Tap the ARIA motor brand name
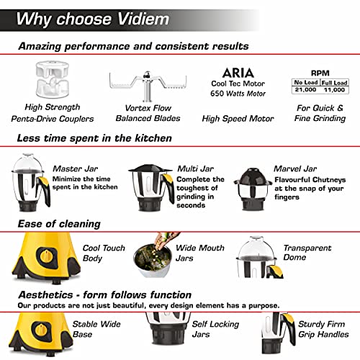tap(238, 73)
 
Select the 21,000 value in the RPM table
tap(305, 90)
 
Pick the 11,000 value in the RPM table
tap(334, 90)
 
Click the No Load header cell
tap(306, 82)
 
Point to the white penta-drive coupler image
tap(53, 79)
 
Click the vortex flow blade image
tap(148, 85)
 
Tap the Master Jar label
tap(75, 168)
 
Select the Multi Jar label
tap(195, 168)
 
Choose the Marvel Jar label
tap(295, 168)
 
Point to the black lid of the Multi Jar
tap(150, 168)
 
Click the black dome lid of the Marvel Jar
tap(253, 176)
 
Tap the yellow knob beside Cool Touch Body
tap(46, 256)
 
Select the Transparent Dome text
tap(307, 253)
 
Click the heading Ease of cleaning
tap(59, 224)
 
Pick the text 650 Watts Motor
tap(238, 94)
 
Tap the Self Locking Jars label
tap(215, 329)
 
